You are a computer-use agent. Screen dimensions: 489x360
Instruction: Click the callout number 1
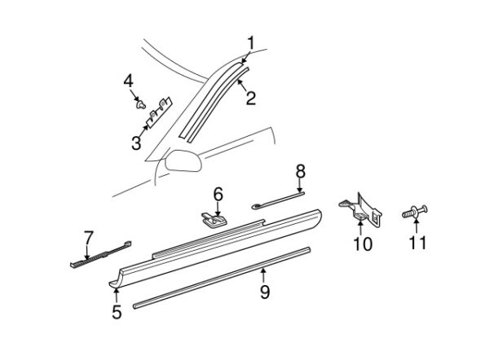[x=251, y=43]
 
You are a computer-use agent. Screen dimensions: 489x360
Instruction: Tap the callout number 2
[x=251, y=98]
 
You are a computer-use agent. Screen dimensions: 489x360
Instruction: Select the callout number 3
[x=136, y=143]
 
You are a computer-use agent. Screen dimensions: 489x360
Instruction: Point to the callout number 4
[x=128, y=81]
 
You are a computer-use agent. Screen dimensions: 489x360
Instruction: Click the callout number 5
[x=117, y=312]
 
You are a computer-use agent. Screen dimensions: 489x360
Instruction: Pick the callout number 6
[x=218, y=194]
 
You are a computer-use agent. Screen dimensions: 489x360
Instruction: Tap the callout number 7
[x=89, y=238]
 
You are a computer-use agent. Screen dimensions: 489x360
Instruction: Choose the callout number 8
[x=300, y=171]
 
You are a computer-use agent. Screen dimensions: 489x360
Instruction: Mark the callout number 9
[x=265, y=292]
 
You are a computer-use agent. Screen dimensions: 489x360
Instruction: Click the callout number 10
[x=363, y=244]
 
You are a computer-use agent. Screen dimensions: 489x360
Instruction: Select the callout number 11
[x=417, y=242]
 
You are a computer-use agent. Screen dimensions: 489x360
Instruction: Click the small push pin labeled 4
[x=141, y=104]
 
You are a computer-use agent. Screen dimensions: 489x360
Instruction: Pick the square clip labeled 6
[x=214, y=218]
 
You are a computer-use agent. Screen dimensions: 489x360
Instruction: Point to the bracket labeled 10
[x=362, y=209]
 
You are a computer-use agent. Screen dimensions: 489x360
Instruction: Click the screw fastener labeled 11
[x=415, y=212]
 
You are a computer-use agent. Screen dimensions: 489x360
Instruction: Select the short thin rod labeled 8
[x=278, y=200]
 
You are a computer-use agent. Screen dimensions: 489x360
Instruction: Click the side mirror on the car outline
[x=183, y=160]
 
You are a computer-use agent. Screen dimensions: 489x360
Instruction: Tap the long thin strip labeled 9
[x=222, y=278]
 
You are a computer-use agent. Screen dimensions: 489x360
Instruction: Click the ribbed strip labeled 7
[x=100, y=254]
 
